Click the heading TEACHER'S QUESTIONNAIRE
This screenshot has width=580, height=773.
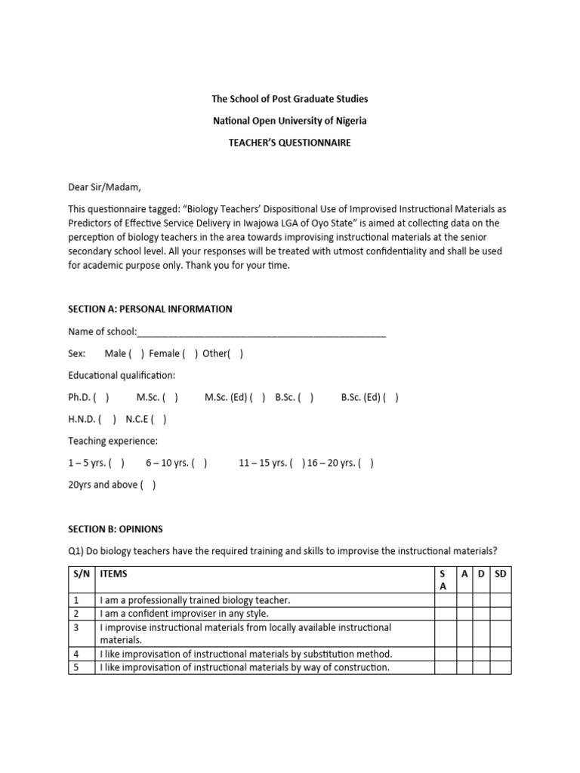(x=290, y=143)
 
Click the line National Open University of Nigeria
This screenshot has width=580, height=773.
(x=290, y=121)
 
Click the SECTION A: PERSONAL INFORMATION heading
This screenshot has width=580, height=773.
(x=150, y=310)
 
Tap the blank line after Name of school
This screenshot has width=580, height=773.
(x=261, y=332)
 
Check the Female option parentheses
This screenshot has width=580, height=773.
(x=190, y=353)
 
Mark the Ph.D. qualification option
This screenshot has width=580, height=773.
(x=102, y=397)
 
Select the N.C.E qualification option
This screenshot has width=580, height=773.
(x=159, y=419)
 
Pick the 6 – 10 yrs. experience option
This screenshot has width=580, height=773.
(x=200, y=463)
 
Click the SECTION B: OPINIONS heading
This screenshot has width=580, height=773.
(x=115, y=529)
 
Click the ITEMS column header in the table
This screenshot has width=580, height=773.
(x=114, y=574)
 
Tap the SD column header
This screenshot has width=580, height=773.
(x=501, y=574)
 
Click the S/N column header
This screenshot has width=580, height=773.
(x=81, y=574)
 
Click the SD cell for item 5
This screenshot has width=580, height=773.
(x=501, y=667)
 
